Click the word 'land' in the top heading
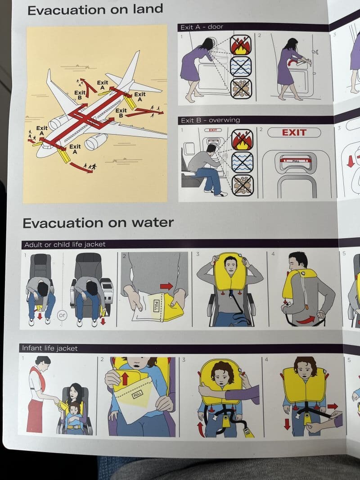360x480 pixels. [148, 9]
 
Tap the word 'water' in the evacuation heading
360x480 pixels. [153, 222]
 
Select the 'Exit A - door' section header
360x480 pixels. [202, 27]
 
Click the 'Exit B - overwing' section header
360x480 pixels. [211, 120]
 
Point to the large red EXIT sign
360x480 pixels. [294, 132]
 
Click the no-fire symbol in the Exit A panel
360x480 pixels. [241, 45]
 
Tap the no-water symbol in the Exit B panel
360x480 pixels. [242, 162]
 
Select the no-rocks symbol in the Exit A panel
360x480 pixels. [241, 89]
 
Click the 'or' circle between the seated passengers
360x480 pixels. [62, 315]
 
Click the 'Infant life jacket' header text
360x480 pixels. [49, 348]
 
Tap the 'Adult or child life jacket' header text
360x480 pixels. [65, 245]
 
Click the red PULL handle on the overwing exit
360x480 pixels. [296, 160]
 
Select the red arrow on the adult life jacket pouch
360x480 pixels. [166, 286]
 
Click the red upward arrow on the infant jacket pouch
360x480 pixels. [125, 378]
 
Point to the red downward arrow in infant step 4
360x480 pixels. [287, 424]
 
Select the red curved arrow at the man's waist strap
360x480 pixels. [306, 320]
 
